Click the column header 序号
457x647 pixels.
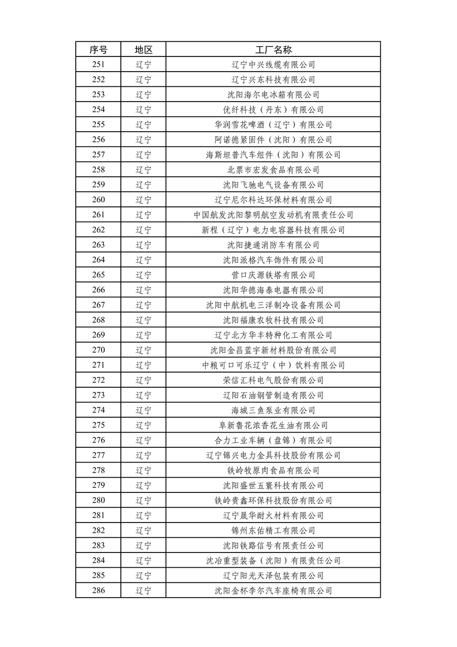[99, 49]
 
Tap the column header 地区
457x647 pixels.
[143, 49]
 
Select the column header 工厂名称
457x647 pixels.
[273, 49]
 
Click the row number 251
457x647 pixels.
[99, 65]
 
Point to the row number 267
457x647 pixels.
[99, 305]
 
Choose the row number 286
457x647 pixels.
[99, 591]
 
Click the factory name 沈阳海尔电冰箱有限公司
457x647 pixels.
[273, 95]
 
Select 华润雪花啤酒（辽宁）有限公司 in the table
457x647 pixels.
[273, 125]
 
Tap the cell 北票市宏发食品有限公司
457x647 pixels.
[273, 170]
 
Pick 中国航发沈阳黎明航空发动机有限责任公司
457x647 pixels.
[273, 215]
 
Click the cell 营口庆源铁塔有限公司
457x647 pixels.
[273, 275]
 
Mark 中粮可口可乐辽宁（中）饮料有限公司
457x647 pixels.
[273, 365]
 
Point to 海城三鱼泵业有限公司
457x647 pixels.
[273, 410]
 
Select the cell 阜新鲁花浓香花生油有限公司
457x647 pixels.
[273, 425]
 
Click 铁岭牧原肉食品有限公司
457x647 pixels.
[273, 470]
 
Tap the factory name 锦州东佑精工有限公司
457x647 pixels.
[273, 531]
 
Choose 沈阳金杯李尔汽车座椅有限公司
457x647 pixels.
[273, 591]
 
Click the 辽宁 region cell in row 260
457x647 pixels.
[143, 200]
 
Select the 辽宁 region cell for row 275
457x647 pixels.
[143, 425]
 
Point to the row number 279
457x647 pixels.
[99, 485]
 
